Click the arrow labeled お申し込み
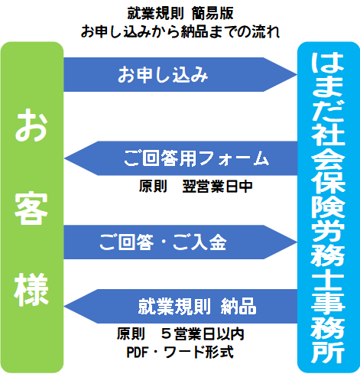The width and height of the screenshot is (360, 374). [180, 74]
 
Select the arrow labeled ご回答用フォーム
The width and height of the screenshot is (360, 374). [180, 158]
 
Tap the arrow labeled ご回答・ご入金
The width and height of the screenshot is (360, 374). [180, 242]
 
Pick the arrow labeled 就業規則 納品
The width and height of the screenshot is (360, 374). [180, 306]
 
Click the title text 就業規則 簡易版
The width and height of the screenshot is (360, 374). [180, 13]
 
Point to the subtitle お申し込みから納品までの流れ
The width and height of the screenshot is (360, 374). [180, 31]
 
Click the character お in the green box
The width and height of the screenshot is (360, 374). [31, 125]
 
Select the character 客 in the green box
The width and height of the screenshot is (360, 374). [31, 208]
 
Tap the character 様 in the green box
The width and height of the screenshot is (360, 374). [31, 290]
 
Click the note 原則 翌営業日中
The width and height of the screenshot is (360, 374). [196, 187]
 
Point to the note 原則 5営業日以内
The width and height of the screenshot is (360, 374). [180, 333]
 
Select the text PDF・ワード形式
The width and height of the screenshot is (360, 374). [180, 352]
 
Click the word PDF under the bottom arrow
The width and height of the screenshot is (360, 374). [138, 353]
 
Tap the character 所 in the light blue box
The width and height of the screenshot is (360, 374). [328, 353]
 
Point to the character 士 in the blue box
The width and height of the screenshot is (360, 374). [328, 281]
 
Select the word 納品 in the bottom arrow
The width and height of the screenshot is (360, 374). [238, 306]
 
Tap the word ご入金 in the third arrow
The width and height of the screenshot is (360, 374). [199, 242]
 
